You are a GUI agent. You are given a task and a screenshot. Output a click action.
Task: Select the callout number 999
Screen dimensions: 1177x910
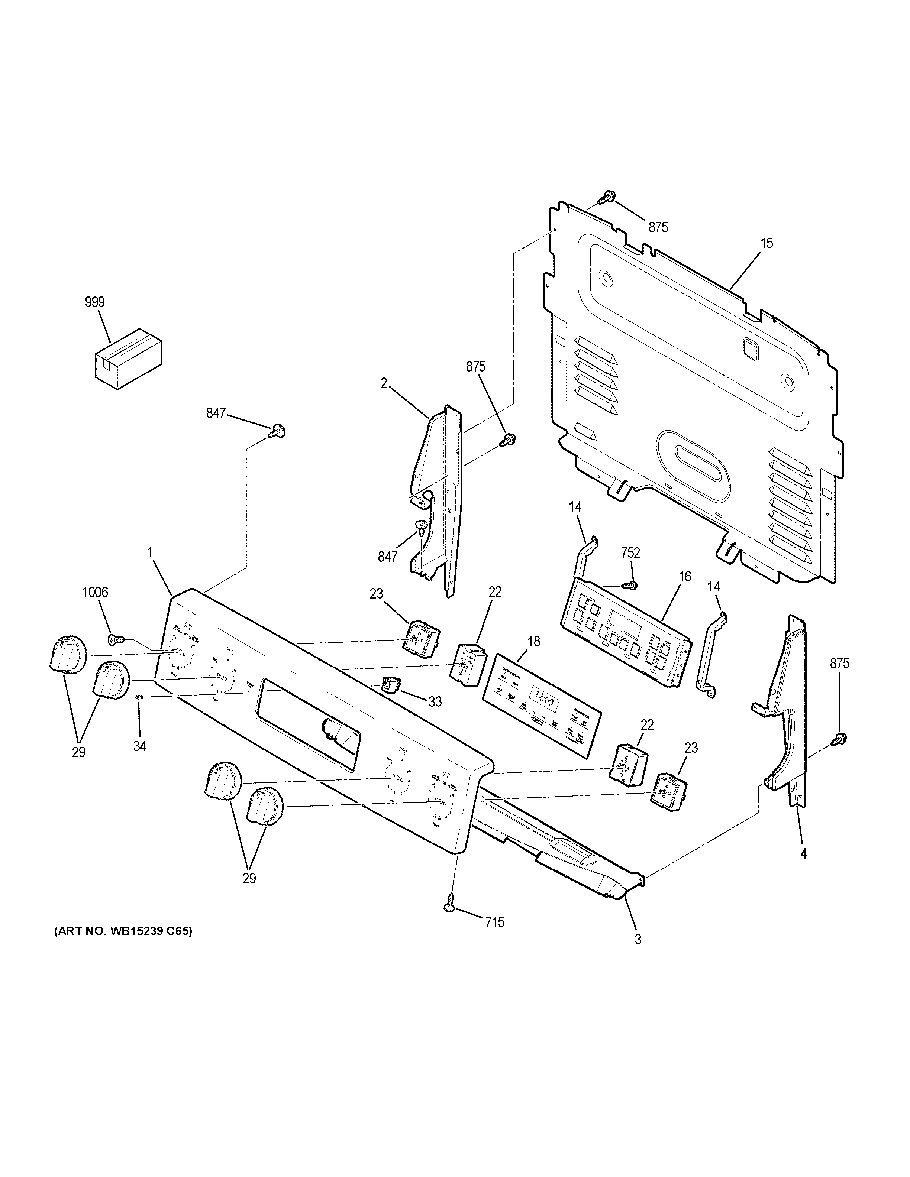click(94, 302)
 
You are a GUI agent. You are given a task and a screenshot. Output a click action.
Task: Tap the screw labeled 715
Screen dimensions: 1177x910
click(450, 908)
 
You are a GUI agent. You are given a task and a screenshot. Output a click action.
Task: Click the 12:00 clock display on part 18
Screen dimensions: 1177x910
click(543, 701)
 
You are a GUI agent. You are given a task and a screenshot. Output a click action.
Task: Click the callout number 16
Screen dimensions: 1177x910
click(684, 577)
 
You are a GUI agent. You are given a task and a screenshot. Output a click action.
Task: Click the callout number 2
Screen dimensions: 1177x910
click(384, 383)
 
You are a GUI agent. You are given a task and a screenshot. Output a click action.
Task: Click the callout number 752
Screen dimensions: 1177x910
click(630, 552)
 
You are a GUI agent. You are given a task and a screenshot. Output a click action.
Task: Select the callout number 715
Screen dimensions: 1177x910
click(494, 923)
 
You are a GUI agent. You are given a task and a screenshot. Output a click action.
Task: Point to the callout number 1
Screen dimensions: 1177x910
click(149, 552)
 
